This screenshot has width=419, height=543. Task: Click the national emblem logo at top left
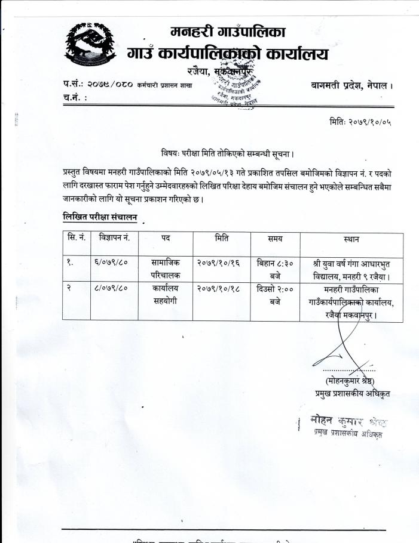[90, 47]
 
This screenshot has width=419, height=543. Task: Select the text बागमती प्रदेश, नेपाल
[351, 86]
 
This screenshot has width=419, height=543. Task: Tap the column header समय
[275, 239]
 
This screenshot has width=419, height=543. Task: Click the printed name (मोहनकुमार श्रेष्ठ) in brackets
[350, 380]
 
